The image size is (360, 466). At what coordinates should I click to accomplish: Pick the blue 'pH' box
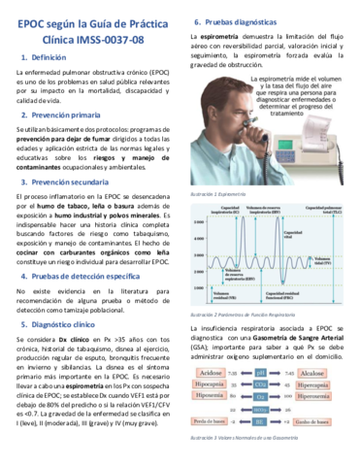[261, 373]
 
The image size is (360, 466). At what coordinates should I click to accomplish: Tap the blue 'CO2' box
[261, 384]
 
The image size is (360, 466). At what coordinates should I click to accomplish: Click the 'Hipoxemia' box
[212, 396]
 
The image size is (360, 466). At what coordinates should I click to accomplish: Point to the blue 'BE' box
[261, 420]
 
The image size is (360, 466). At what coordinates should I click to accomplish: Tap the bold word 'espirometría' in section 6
[217, 36]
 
